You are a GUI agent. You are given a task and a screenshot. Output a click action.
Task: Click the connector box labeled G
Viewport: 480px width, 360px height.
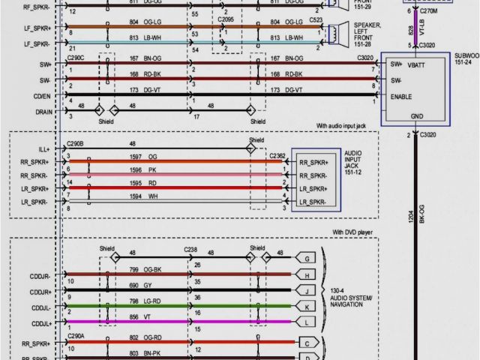click(307, 258)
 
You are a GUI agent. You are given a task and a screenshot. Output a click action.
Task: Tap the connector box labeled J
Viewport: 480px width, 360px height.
click(307, 289)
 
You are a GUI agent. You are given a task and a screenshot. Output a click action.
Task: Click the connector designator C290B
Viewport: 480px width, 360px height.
click(76, 142)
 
